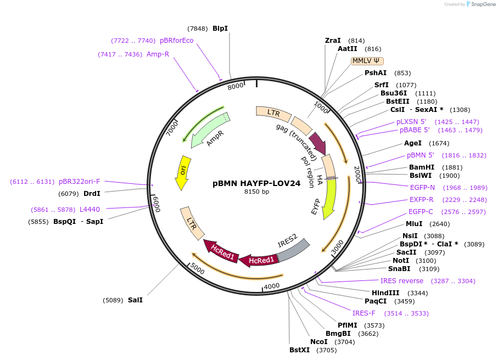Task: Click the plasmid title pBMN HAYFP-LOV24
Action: tap(256, 183)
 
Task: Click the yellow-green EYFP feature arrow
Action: tap(329, 198)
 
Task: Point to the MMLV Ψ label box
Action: tap(367, 61)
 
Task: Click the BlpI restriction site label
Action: tap(220, 29)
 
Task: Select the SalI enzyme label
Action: tap(135, 300)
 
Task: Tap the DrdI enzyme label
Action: tap(92, 193)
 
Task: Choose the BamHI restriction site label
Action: tap(422, 167)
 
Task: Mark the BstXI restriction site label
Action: tap(300, 350)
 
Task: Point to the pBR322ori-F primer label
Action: tap(80, 182)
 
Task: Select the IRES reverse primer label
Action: tap(402, 280)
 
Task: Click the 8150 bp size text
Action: tap(256, 192)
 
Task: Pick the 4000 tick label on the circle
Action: tap(272, 286)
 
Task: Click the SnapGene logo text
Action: tap(482, 4)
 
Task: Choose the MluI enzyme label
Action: tap(414, 223)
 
